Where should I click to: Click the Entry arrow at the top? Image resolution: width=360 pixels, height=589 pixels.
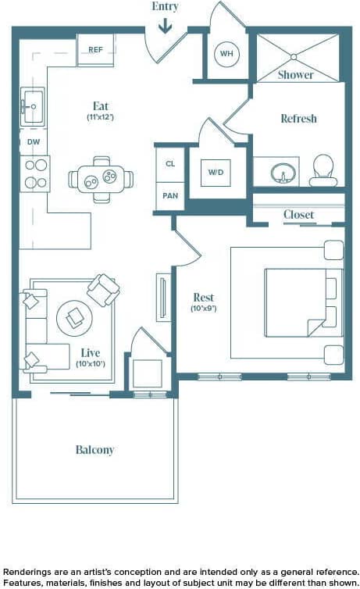[x=166, y=27]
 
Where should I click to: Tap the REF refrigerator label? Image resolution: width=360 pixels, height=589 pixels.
[x=95, y=50]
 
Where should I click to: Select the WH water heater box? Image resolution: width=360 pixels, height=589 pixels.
[x=226, y=54]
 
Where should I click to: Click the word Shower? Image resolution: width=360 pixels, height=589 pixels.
[x=296, y=75]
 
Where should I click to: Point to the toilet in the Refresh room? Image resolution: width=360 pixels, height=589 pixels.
[x=323, y=170]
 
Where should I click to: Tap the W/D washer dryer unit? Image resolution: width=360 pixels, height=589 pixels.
[x=216, y=173]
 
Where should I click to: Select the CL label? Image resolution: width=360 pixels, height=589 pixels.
[x=169, y=165]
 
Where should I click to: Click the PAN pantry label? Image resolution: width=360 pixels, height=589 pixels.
[x=169, y=196]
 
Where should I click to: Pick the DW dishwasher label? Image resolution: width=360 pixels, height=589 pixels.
[x=34, y=142]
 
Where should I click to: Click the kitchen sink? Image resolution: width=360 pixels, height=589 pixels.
[x=34, y=102]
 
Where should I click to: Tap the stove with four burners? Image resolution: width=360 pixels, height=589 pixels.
[x=35, y=173]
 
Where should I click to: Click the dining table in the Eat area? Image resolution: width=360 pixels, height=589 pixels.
[x=102, y=179]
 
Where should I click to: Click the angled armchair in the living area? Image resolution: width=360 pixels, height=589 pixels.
[x=103, y=290]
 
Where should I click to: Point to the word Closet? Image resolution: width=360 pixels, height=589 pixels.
[x=299, y=215]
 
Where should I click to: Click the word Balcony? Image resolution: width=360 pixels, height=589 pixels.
[x=95, y=450]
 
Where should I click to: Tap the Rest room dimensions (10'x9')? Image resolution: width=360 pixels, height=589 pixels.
[x=204, y=309]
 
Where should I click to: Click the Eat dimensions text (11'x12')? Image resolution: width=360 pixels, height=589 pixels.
[x=101, y=117]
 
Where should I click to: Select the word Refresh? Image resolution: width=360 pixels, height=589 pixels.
[x=299, y=119]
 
